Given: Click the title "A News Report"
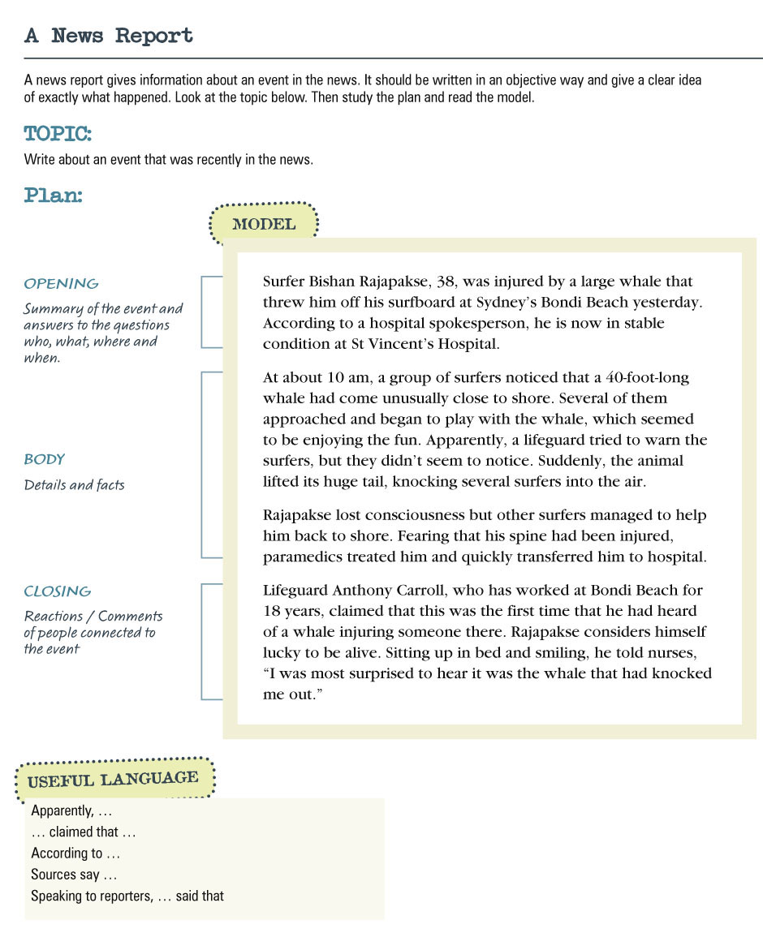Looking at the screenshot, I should click(109, 37).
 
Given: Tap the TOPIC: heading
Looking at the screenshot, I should click(58, 134).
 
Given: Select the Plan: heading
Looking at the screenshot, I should click(53, 196).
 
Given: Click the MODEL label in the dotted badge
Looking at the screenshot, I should click(264, 225).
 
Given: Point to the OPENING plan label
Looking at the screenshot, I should click(61, 284).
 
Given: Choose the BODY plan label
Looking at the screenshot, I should click(44, 459).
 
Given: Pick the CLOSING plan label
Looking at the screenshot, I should click(57, 591).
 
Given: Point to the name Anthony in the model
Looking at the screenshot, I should click(360, 590).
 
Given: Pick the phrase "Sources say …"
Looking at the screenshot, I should click(74, 875).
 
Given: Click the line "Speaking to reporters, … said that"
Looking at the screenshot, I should click(127, 896).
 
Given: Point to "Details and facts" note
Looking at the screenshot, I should click(74, 485).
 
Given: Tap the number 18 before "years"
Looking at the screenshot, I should click(271, 611).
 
